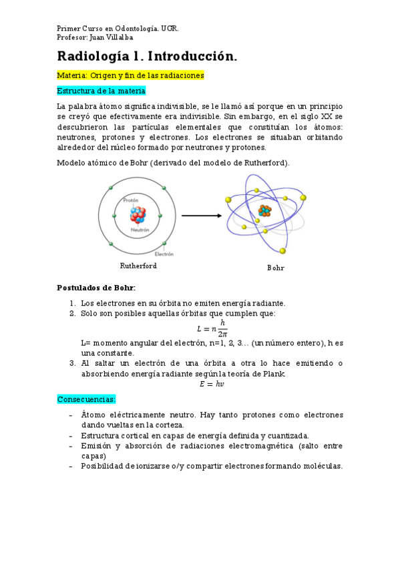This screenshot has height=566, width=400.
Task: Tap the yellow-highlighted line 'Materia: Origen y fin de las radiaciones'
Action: (x=130, y=75)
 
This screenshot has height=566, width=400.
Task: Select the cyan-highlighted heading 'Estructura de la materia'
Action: (x=101, y=91)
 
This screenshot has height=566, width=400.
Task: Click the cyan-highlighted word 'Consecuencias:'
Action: (x=86, y=399)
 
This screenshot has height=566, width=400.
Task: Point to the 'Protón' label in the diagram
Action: (x=131, y=200)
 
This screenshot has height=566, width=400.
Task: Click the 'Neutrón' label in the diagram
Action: (x=140, y=230)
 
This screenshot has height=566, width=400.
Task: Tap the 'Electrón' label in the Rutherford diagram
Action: (x=164, y=254)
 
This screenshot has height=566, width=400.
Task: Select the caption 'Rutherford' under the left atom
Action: (x=138, y=266)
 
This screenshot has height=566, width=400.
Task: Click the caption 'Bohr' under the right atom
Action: (x=275, y=268)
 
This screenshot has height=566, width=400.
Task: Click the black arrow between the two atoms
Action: (x=201, y=216)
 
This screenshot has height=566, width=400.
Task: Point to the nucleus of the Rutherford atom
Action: (x=138, y=214)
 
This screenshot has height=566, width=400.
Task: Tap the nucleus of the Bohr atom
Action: (x=265, y=210)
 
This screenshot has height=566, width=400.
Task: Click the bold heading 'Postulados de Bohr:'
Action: (x=96, y=288)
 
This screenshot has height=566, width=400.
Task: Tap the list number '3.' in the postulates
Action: (x=73, y=363)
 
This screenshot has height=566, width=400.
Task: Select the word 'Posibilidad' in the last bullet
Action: (x=102, y=466)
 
